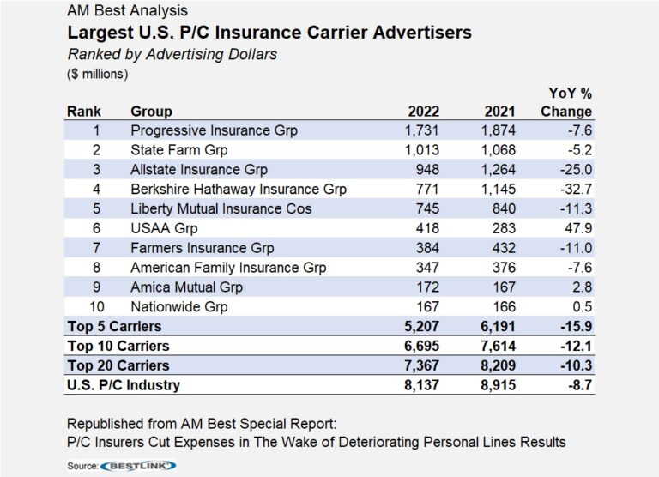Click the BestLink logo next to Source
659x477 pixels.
pyautogui.click(x=138, y=465)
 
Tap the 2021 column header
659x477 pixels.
pyautogui.click(x=499, y=111)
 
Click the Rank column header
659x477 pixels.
pyautogui.click(x=84, y=111)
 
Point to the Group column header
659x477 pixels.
pyautogui.click(x=151, y=111)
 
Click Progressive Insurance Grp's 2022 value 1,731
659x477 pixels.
pyautogui.click(x=421, y=130)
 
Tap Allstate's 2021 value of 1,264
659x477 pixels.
pyautogui.click(x=497, y=169)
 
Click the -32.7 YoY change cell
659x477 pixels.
pyautogui.click(x=574, y=189)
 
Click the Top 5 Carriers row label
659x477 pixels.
pyautogui.click(x=114, y=326)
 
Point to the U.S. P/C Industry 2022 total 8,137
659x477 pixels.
pyautogui.click(x=421, y=385)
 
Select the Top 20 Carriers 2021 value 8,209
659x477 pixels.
pyautogui.click(x=497, y=365)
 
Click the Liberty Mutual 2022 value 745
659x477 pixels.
pyautogui.click(x=426, y=208)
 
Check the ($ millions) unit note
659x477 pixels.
pyautogui.click(x=97, y=74)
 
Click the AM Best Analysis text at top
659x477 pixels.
pyautogui.click(x=127, y=11)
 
